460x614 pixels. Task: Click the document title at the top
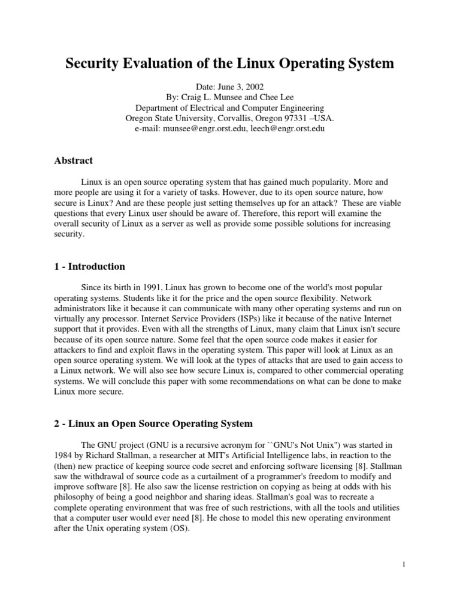230,64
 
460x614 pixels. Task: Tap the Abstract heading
74,161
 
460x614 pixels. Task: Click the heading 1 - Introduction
90,266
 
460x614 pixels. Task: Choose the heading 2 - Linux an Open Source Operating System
154,423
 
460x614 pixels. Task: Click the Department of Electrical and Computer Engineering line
230,108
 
